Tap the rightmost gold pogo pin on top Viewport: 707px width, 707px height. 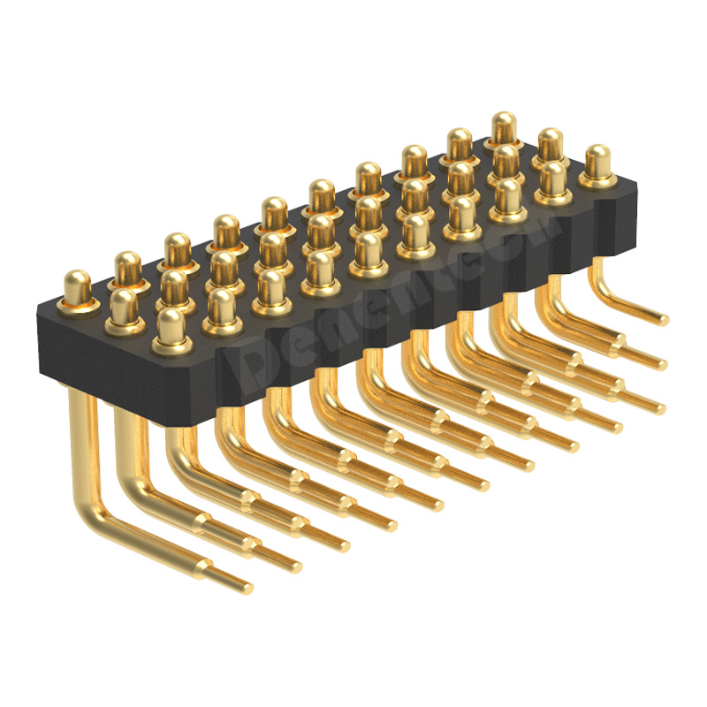pyautogui.click(x=598, y=164)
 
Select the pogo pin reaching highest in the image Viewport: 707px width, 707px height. pyautogui.click(x=504, y=128)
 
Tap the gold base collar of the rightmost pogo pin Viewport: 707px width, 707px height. pyautogui.click(x=598, y=180)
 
